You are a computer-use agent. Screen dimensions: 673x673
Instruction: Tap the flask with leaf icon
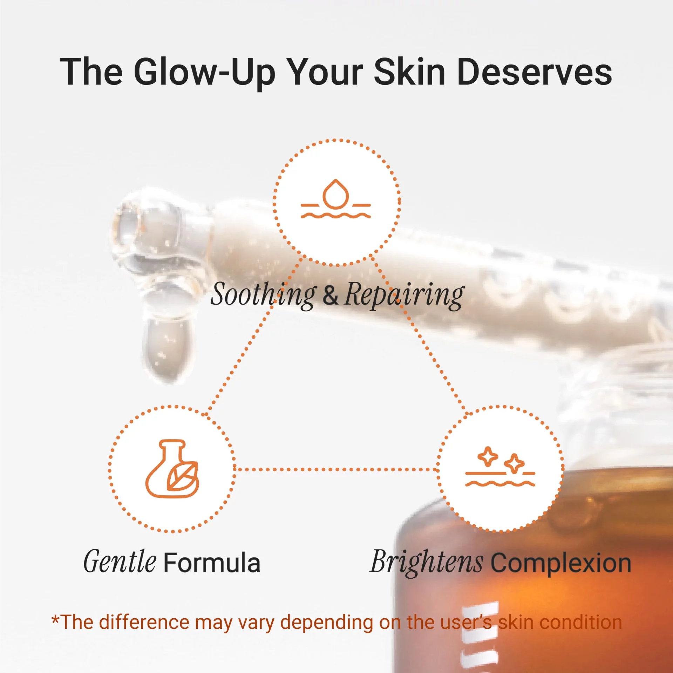172,469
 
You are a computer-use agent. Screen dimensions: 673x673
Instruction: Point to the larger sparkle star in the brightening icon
488,456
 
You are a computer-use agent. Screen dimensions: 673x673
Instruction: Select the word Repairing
405,295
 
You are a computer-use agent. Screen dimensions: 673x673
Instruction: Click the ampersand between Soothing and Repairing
331,295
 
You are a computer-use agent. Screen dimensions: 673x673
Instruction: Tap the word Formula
212,563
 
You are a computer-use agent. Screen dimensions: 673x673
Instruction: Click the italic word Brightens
427,563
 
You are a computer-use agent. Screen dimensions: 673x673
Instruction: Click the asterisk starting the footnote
55,619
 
